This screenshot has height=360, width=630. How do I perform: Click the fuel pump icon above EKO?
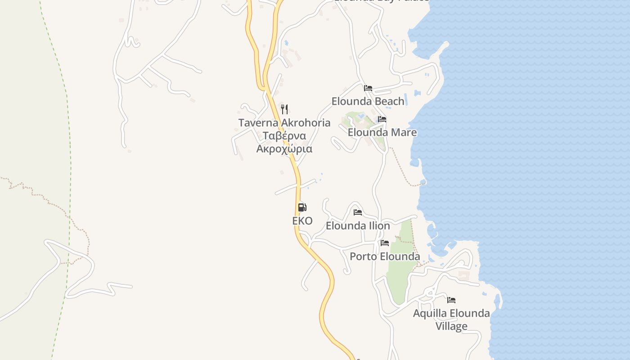[x=302, y=207]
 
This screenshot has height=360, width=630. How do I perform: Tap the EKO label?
[x=302, y=221]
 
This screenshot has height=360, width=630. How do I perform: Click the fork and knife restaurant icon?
[x=284, y=109]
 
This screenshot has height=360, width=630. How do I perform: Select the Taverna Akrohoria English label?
[x=284, y=123]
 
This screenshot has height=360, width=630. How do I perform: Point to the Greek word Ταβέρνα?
[x=284, y=136]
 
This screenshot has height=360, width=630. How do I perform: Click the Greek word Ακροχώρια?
[x=284, y=149]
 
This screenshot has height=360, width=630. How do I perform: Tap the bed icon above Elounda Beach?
[x=368, y=88]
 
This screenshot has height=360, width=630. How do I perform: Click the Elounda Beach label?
[x=368, y=101]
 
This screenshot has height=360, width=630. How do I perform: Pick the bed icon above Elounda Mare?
[x=382, y=119]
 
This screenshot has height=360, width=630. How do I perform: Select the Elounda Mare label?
[x=382, y=132]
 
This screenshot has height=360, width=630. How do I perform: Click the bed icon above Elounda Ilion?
[x=358, y=212]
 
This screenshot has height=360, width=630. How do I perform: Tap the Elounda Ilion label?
[x=358, y=225]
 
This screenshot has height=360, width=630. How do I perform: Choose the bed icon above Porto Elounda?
[x=385, y=243]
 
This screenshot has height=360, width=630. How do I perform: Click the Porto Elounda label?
[x=385, y=256]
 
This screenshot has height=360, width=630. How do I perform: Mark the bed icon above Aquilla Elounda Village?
[x=451, y=300]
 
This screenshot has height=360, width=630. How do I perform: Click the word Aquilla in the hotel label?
[x=430, y=313]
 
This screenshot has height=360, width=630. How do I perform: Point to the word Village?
[x=451, y=326]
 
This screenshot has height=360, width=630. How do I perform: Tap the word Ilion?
[x=379, y=225]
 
